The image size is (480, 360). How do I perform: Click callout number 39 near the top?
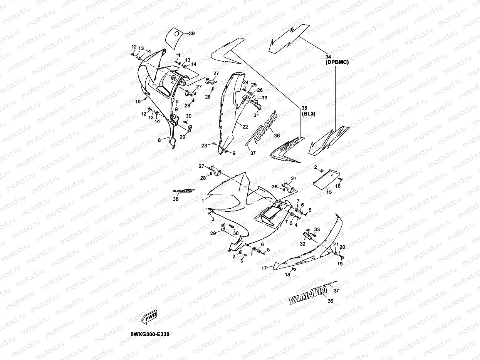coord(191,34)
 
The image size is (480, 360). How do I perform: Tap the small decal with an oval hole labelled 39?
coord(175,37)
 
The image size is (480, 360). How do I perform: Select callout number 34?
coord(329,57)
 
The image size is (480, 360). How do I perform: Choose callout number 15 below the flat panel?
coord(329,192)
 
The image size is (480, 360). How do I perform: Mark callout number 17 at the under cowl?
coord(265,268)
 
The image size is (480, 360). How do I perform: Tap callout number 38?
coord(176,199)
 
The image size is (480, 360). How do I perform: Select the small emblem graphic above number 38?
coord(184,191)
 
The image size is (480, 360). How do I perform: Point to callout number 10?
coord(138,102)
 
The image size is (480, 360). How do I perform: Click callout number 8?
coord(159,141)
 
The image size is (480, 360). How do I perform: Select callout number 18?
coord(287,275)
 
